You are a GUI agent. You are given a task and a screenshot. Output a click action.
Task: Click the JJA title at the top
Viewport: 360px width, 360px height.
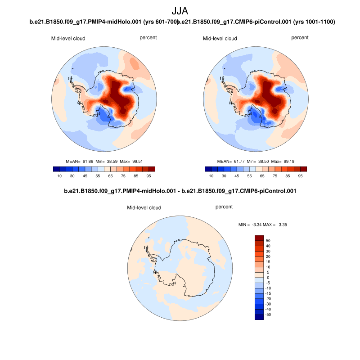[x=180, y=11]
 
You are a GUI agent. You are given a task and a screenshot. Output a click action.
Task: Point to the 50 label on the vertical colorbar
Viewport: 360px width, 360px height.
[x=268, y=240]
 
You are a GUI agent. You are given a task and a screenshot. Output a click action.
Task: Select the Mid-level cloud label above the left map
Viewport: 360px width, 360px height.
[x=68, y=38]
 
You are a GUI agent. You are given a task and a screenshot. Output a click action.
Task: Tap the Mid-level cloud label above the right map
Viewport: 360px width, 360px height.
[x=220, y=38]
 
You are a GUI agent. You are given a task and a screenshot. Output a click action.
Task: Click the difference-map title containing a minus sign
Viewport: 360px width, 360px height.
[x=180, y=191]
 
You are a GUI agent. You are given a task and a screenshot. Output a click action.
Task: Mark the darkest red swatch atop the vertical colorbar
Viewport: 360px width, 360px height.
[x=259, y=238]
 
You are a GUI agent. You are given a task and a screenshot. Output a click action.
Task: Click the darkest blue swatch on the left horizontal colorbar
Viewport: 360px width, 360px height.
[x=57, y=169]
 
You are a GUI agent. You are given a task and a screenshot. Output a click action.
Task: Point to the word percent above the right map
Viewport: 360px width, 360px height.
[x=300, y=37]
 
